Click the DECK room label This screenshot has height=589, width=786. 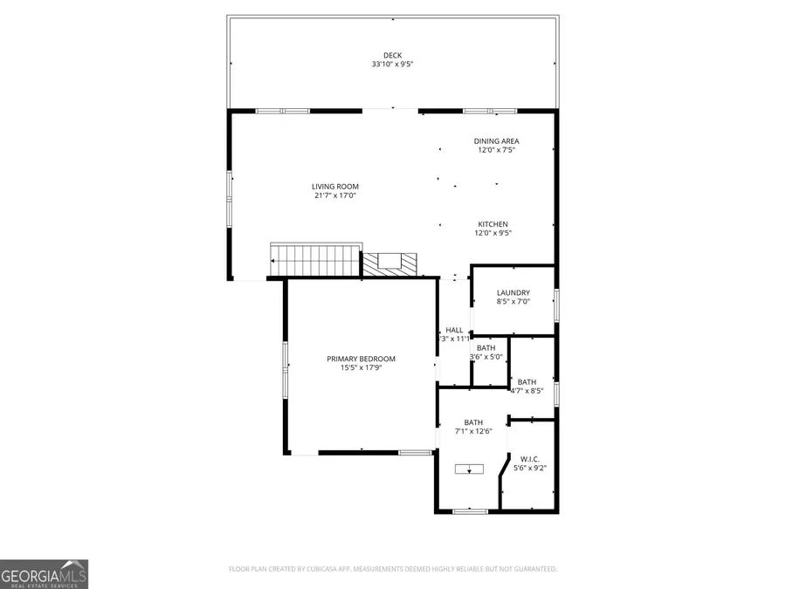[392, 55]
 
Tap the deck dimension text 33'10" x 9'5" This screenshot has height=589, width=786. [392, 65]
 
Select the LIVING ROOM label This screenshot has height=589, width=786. [335, 186]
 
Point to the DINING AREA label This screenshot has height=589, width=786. [497, 140]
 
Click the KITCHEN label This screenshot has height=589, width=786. [493, 224]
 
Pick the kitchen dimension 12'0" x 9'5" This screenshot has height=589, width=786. [493, 233]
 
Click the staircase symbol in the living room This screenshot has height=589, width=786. [315, 259]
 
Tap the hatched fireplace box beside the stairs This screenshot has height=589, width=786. [391, 264]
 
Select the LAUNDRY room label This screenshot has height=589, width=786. [513, 293]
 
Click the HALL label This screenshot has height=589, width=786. [454, 330]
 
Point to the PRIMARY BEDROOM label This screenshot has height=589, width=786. [361, 359]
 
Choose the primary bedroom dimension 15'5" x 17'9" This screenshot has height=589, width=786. [361, 367]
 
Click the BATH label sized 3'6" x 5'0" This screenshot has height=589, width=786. [486, 348]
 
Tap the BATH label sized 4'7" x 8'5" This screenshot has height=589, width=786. [527, 381]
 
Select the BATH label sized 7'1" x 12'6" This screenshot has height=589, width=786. [473, 422]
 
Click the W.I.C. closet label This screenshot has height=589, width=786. [530, 459]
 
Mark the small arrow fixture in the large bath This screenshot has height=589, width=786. [469, 469]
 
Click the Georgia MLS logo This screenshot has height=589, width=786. [44, 574]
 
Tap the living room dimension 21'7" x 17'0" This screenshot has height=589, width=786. [335, 195]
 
